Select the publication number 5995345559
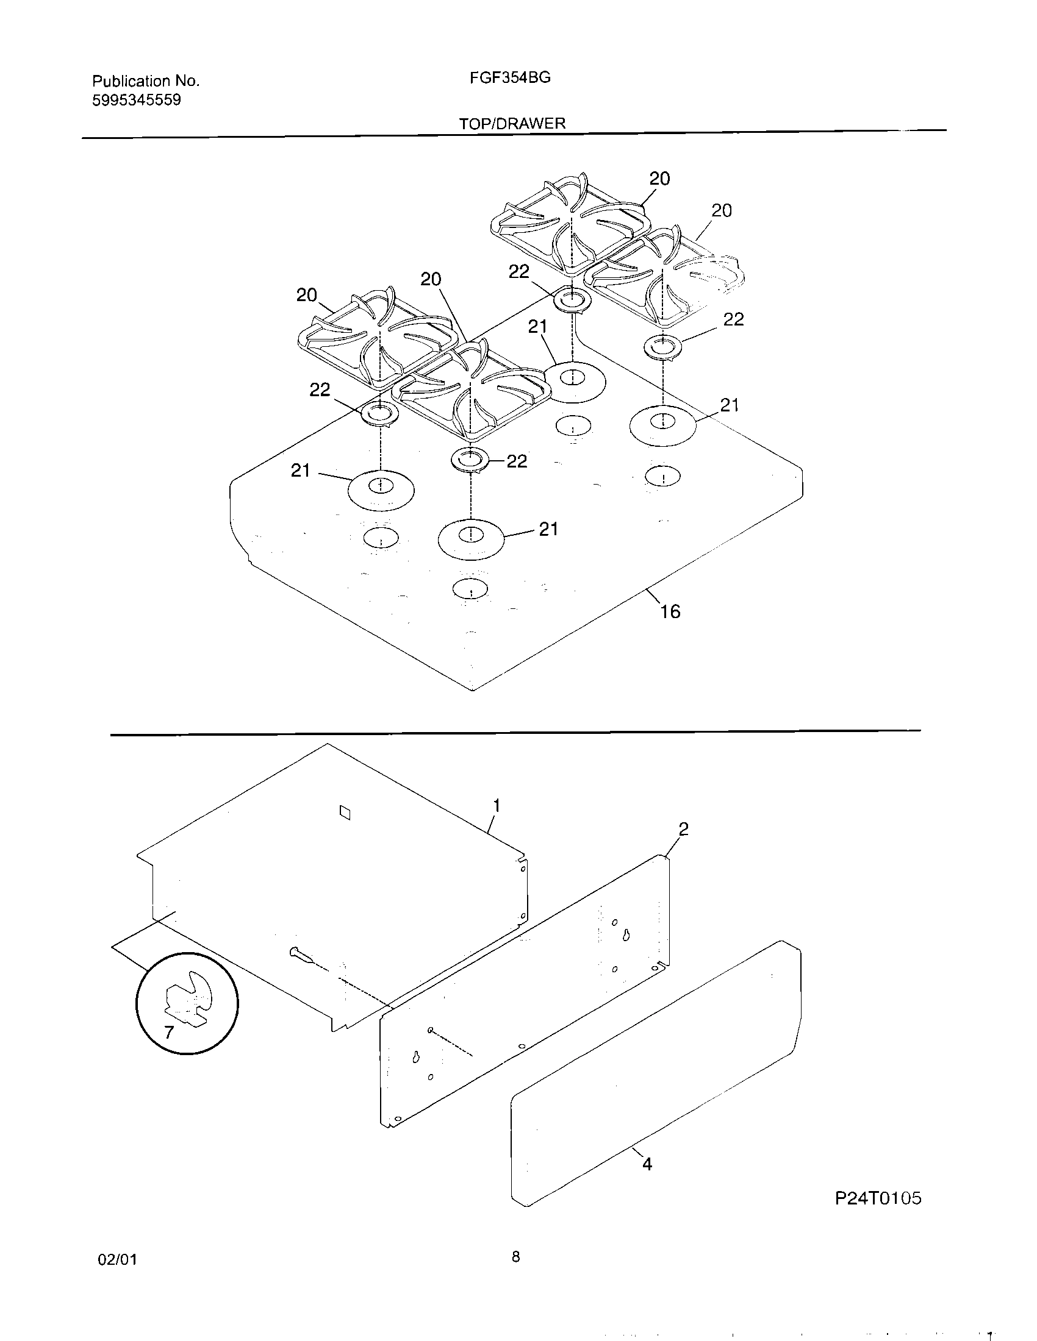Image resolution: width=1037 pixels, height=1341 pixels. [137, 100]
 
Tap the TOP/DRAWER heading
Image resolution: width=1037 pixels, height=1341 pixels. [512, 123]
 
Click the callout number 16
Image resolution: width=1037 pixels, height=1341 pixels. [670, 611]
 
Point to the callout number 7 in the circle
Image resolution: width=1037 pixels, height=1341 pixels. [169, 1033]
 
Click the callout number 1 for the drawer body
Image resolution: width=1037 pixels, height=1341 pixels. [497, 805]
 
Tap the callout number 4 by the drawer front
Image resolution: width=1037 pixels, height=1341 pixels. [647, 1164]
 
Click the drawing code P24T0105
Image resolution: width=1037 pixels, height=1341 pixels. [878, 1198]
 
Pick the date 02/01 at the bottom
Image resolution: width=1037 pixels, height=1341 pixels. [117, 1260]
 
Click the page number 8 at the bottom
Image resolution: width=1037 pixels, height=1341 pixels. [515, 1257]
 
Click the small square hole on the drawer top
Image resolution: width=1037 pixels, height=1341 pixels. [345, 813]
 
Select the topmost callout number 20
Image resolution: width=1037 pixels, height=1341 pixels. [659, 179]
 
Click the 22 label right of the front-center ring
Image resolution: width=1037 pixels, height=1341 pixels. [517, 461]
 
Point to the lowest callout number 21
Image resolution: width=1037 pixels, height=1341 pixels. [548, 528]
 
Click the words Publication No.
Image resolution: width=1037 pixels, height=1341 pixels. [146, 81]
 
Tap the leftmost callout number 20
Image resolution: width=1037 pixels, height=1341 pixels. [307, 296]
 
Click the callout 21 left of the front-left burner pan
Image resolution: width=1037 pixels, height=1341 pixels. [300, 471]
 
